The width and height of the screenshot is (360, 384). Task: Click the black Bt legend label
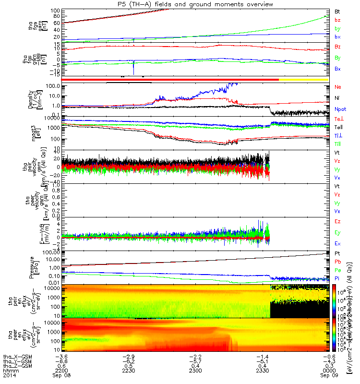click(337, 11)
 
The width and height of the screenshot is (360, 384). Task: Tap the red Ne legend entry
click(338, 87)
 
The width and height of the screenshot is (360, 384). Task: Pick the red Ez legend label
click(337, 221)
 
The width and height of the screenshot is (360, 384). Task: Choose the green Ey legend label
click(337, 232)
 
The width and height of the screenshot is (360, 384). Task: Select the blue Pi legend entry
click(337, 278)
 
